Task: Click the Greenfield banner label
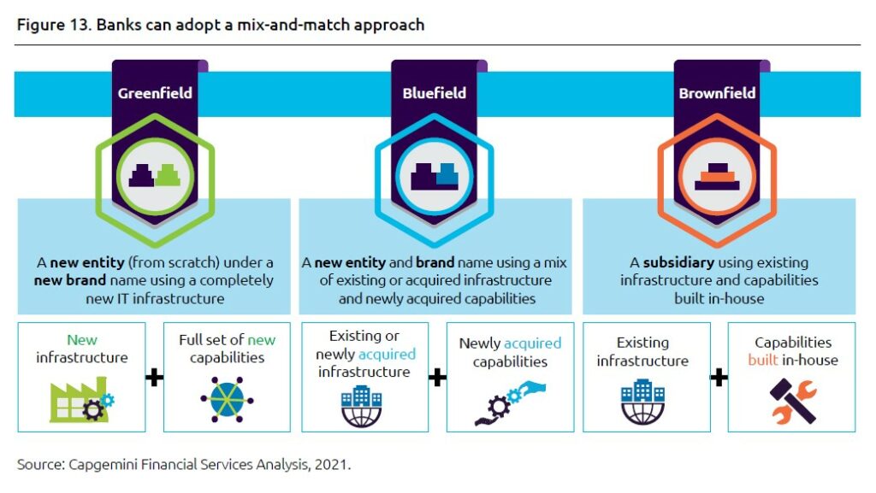(155, 93)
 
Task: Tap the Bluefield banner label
(434, 93)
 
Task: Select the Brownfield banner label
(717, 93)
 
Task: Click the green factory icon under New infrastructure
(81, 399)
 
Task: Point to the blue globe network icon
(227, 399)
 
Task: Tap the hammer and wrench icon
(793, 402)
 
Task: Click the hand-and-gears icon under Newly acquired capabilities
(510, 402)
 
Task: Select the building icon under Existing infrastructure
(643, 402)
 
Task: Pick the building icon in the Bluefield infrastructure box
(362, 406)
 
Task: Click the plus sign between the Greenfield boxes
(154, 378)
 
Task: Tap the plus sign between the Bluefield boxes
(437, 378)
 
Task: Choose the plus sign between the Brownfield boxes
(719, 378)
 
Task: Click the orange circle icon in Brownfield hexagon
(717, 176)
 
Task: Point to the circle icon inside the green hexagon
(155, 176)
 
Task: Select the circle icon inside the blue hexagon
(434, 176)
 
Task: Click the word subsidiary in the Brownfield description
(678, 262)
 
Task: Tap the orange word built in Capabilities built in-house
(762, 360)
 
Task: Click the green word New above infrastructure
(81, 340)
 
